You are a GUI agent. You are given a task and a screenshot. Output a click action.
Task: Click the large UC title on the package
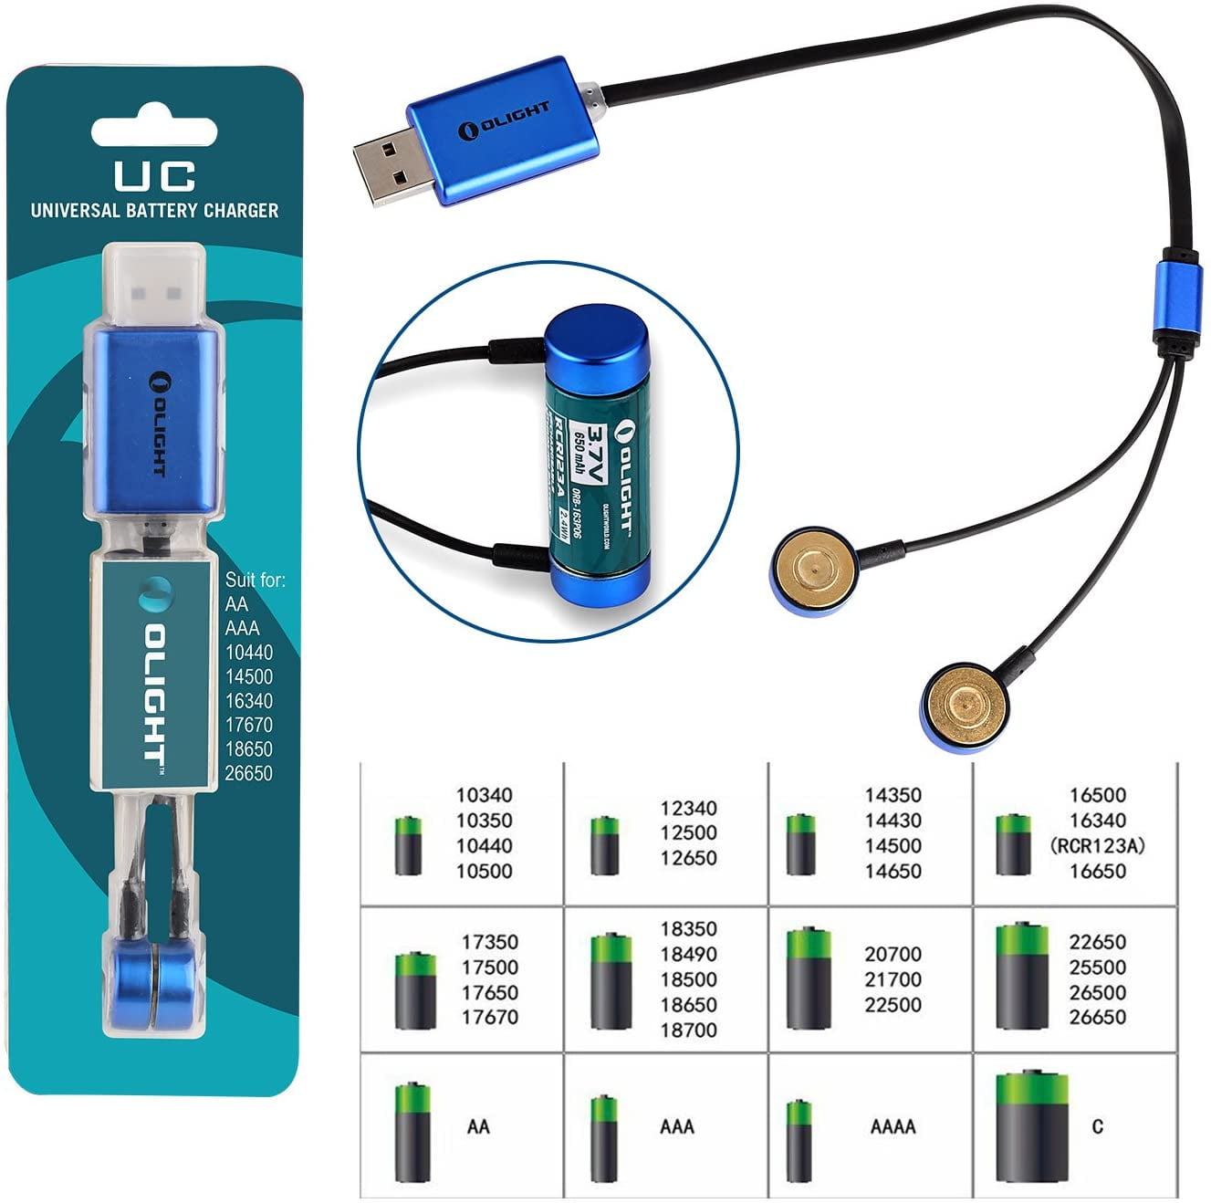coord(154,173)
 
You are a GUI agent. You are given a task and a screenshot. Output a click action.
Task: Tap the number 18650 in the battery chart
coord(688,1005)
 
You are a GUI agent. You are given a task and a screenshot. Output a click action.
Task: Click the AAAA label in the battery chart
coord(892,1126)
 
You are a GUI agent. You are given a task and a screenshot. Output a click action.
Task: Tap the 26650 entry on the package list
coord(248,773)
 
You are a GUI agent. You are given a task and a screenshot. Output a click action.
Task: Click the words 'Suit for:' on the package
coord(255,580)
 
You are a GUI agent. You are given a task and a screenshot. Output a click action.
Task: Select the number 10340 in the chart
coord(484,795)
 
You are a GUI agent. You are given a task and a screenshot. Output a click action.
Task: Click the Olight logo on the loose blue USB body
coord(507,120)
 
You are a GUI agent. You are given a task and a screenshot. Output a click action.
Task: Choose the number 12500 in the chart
coord(688,832)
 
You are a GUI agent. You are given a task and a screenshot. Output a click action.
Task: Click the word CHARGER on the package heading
coord(240,210)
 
